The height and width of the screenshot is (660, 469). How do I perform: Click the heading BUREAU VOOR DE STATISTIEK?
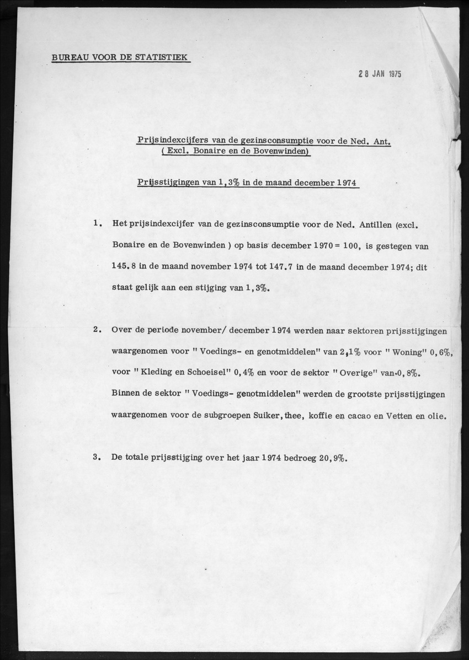(120, 57)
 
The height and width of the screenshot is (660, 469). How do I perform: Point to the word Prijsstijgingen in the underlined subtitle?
(168, 183)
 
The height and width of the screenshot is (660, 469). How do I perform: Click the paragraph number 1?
(97, 223)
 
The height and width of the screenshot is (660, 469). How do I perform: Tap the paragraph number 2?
(97, 330)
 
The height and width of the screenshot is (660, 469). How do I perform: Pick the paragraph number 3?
(97, 457)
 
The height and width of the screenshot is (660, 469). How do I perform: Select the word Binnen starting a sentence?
(126, 394)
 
